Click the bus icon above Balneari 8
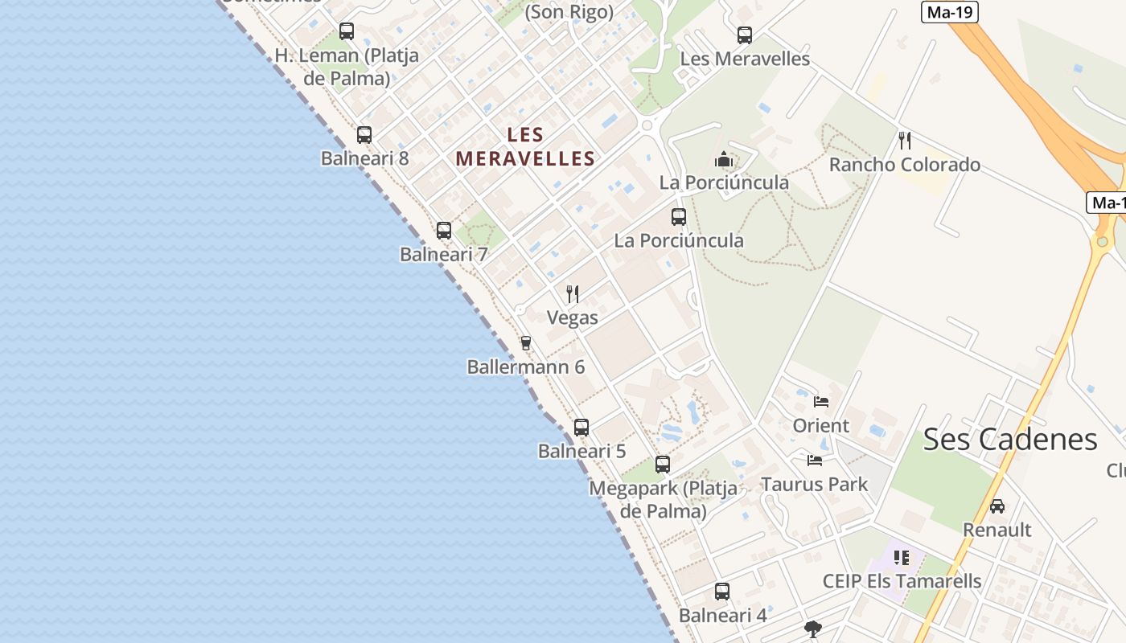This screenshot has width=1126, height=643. point(364,135)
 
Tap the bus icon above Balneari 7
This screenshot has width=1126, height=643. point(444,231)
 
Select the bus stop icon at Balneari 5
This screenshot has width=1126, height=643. point(581,428)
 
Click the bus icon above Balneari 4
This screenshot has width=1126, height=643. point(722,592)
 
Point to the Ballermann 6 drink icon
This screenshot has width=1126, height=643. point(526,343)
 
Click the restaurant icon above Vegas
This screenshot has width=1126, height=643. point(573,293)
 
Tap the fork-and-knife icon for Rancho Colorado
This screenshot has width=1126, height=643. point(905,141)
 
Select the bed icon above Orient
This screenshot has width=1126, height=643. point(821,401)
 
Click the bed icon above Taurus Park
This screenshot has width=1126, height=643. point(815,461)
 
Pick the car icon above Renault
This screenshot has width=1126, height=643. point(997,506)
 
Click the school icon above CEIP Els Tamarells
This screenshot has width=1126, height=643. point(902,557)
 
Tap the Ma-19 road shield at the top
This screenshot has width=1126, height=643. point(949,12)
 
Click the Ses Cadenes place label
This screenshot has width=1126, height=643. point(1009,440)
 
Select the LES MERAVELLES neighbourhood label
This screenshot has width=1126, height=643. point(525,147)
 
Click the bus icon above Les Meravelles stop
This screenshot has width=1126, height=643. point(745,35)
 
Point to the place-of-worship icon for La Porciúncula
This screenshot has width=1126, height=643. point(724,159)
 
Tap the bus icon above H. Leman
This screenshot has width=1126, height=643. point(347,31)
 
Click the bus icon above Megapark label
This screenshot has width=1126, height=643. point(663,465)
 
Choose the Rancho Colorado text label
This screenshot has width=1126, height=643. point(905,165)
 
